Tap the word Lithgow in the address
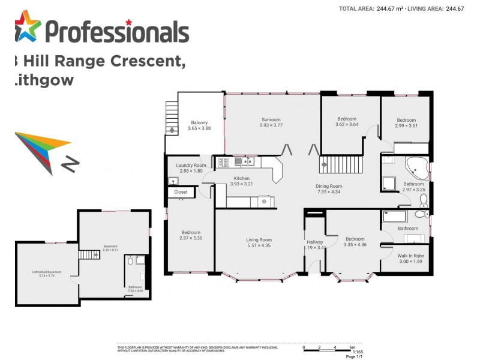43,80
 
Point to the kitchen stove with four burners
223,162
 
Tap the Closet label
181,192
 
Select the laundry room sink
173,181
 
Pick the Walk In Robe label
410,255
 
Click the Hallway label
315,242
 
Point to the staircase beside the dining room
343,163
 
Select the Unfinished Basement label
47,272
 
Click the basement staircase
88,254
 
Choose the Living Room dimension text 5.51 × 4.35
259,246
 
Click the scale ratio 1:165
358,352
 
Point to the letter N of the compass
71,163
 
